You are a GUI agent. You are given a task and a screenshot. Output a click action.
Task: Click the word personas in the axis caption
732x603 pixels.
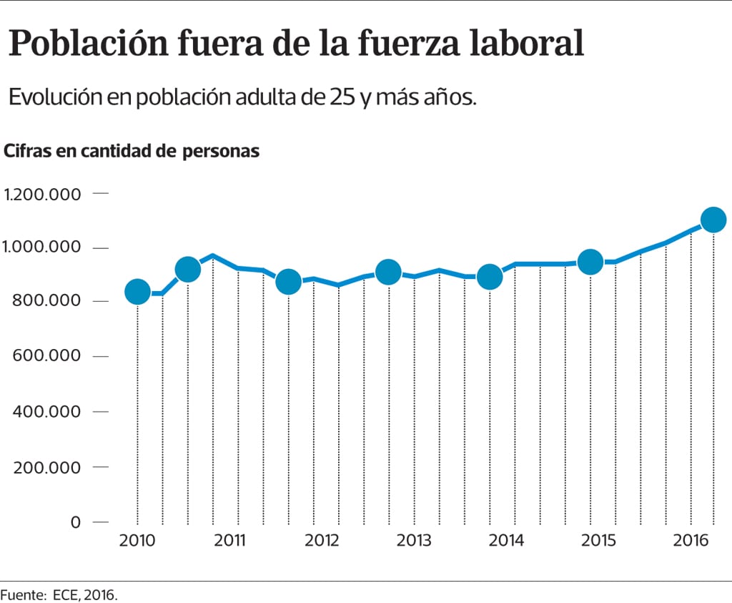click(221, 152)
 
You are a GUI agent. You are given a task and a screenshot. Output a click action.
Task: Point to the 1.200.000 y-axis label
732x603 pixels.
click(43, 194)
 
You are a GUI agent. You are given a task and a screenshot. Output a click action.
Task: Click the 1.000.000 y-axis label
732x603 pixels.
click(43, 247)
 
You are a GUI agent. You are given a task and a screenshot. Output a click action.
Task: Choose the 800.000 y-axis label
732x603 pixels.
click(46, 301)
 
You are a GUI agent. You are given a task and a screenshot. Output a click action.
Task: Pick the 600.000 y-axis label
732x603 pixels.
click(46, 356)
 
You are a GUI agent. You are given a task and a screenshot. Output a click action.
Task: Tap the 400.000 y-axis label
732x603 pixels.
click(46, 412)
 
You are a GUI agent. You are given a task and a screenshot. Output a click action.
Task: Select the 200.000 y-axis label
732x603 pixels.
click(46, 467)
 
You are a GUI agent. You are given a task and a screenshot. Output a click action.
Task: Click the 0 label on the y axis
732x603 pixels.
click(76, 522)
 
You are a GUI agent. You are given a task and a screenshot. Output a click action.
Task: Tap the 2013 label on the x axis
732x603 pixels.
click(414, 540)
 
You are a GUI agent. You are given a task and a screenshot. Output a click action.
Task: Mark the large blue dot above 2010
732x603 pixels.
click(137, 291)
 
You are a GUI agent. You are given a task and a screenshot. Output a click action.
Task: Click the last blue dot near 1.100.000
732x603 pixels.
click(713, 220)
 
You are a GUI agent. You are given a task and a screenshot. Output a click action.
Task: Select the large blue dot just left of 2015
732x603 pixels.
click(590, 263)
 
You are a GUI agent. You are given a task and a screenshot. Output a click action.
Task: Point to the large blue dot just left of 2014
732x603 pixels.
click(490, 277)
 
